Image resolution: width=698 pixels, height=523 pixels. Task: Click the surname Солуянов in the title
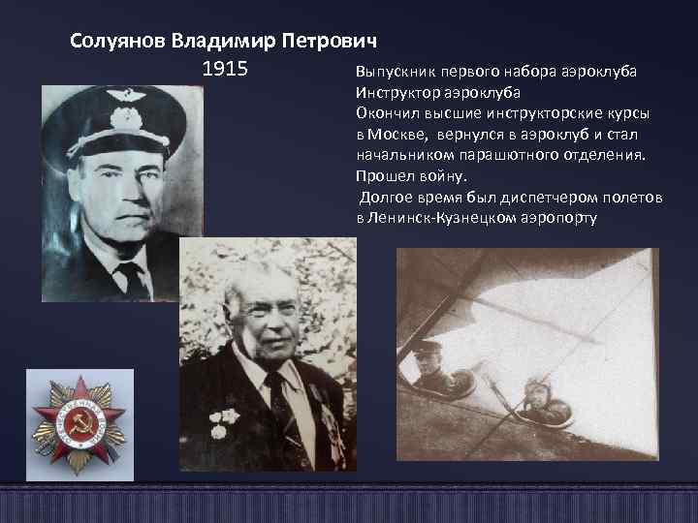click(118, 43)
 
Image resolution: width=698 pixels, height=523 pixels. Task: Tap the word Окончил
click(384, 113)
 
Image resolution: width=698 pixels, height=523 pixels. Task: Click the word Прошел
click(382, 176)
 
